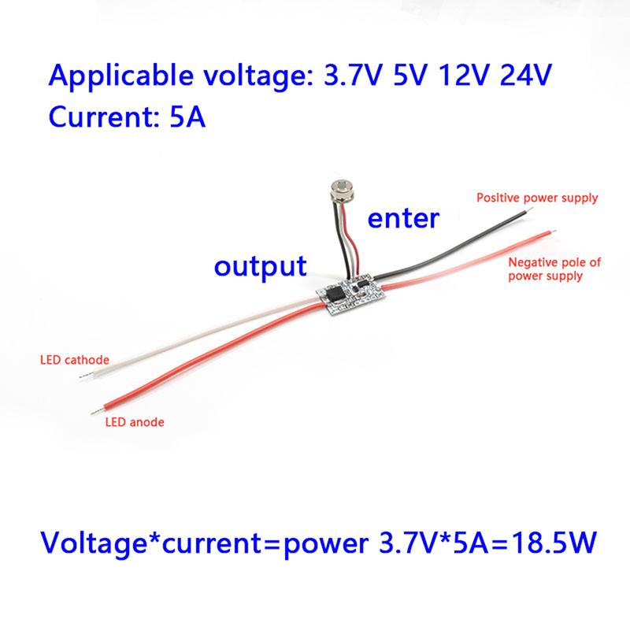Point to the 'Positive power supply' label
(537, 198)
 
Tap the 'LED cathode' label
(75, 361)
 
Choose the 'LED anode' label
(135, 422)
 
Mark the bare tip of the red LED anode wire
(96, 411)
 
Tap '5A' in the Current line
(187, 117)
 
